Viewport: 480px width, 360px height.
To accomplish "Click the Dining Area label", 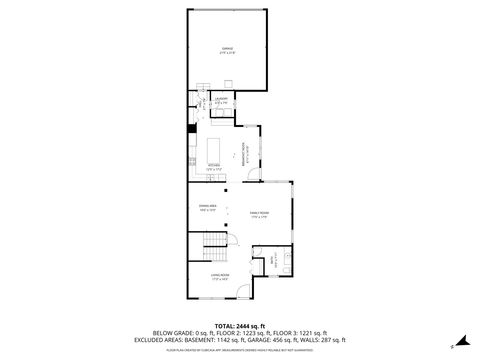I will coord(207,209).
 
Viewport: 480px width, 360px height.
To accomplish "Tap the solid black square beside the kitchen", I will coord(190,127).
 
